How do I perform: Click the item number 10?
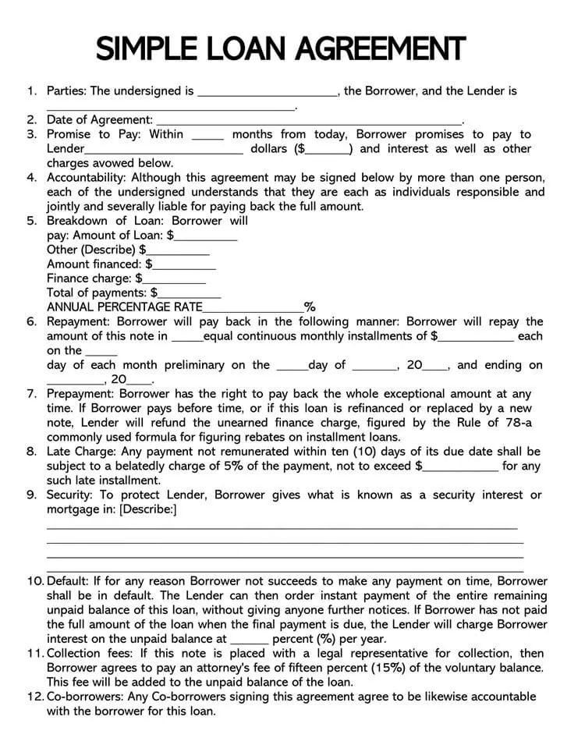[35, 581]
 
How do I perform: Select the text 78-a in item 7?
[517, 422]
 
